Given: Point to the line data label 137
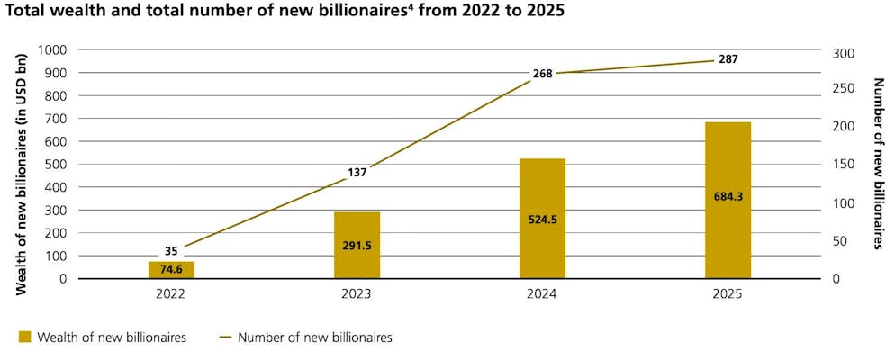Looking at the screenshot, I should coord(357,172).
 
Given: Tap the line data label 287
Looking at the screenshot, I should coord(728,59).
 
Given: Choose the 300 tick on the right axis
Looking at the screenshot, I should coord(839,53).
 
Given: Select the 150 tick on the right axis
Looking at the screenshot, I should coord(839,165).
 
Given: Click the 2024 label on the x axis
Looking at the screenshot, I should coord(542,295).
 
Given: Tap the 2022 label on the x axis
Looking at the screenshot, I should coord(172,295).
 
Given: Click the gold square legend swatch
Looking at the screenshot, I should coord(24,337).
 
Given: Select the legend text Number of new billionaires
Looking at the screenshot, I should coord(314,337).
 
